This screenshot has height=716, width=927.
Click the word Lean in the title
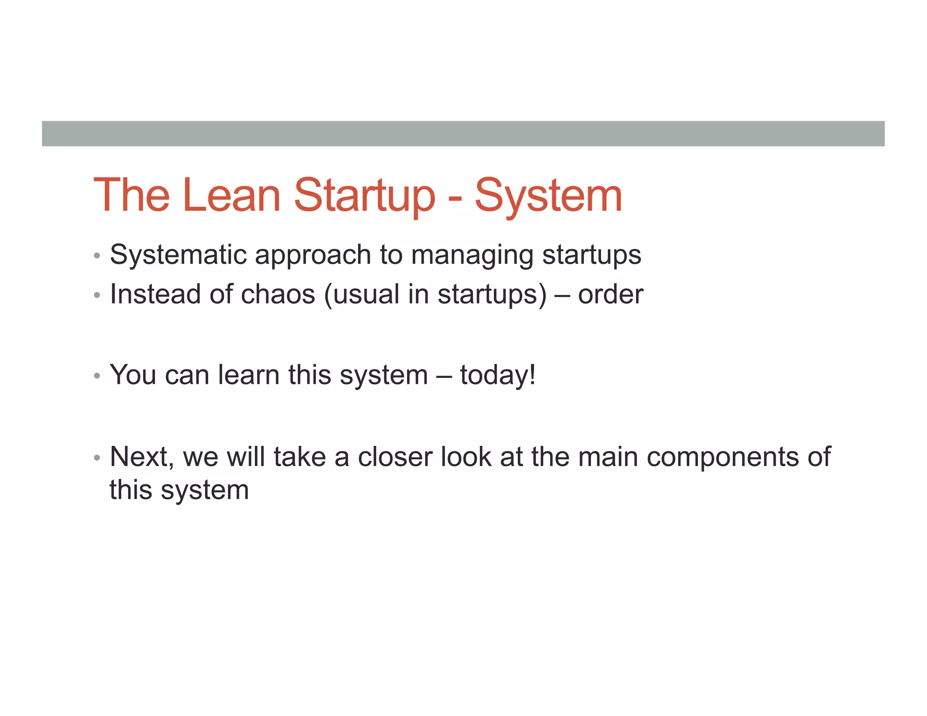[x=232, y=196]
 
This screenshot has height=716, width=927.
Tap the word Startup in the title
[x=364, y=196]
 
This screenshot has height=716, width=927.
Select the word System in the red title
[x=548, y=196]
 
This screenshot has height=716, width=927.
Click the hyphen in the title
[x=455, y=199]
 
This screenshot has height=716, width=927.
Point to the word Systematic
[x=177, y=255]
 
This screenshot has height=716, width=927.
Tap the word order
[x=610, y=295]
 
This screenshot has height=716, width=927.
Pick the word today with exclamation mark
[x=498, y=375]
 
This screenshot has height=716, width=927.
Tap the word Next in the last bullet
[x=141, y=457]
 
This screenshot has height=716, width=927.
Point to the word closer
[x=395, y=457]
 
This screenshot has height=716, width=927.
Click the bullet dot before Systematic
[x=96, y=256]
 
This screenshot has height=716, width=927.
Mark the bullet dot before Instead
[x=96, y=296]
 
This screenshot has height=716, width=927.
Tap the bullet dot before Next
[x=96, y=458]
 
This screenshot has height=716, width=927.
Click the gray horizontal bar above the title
[x=463, y=134]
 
